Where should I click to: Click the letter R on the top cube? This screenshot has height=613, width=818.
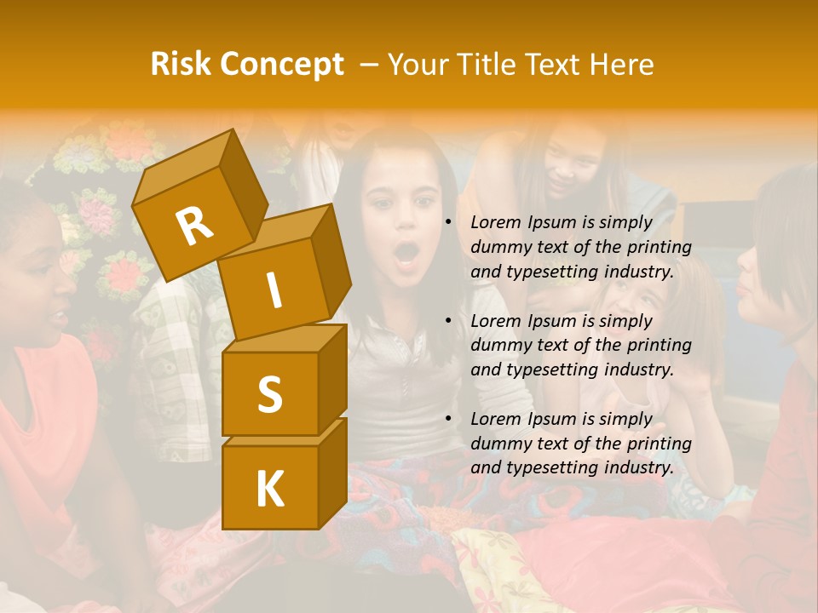[x=194, y=226]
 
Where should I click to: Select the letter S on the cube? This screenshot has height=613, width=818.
[x=269, y=394]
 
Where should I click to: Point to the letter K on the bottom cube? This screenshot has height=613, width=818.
[x=269, y=489]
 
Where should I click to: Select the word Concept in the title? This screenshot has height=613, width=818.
[x=281, y=65]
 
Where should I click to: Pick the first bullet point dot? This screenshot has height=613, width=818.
[x=448, y=223]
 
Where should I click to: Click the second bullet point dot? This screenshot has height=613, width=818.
[x=448, y=321]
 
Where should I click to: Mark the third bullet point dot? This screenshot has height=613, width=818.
[x=448, y=419]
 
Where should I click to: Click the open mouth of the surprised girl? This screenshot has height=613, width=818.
[x=407, y=252]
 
